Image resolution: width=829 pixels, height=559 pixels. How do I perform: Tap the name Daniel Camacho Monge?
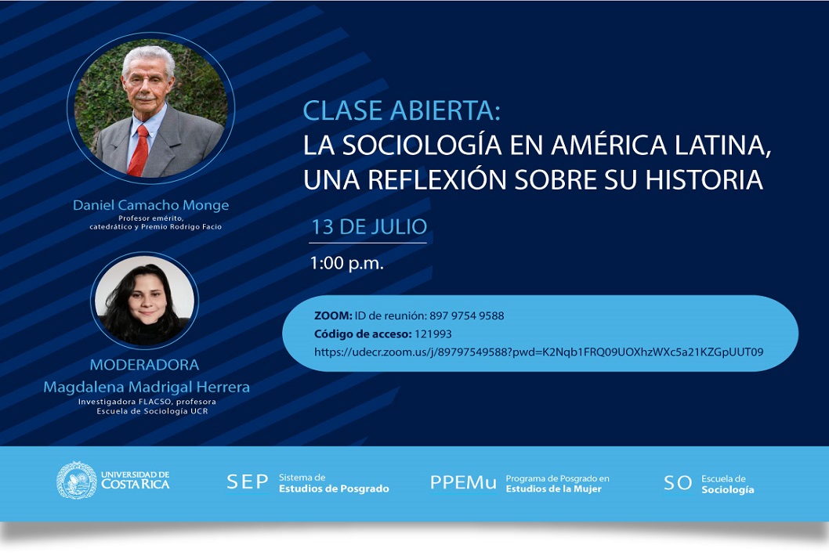[150, 205]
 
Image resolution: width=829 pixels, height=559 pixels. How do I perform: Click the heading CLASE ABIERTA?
[401, 110]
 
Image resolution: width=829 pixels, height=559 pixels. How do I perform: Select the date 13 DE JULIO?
[369, 227]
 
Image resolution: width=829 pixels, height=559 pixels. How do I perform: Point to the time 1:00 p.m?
[346, 262]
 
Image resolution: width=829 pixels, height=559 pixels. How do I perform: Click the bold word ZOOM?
[332, 316]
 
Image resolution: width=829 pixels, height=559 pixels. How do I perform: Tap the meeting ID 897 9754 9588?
[467, 316]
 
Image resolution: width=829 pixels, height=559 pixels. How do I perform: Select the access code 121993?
[433, 334]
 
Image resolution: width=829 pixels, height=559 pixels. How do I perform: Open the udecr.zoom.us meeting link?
[539, 352]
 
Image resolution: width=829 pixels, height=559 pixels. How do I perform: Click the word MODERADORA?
[144, 365]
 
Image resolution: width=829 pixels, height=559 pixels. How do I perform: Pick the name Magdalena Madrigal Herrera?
[147, 387]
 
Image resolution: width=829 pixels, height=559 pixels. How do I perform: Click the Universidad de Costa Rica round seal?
[77, 480]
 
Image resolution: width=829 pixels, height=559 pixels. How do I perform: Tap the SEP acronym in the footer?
[248, 481]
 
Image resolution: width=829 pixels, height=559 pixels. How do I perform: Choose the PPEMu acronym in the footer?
[463, 482]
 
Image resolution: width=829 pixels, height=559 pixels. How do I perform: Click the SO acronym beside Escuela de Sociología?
[678, 483]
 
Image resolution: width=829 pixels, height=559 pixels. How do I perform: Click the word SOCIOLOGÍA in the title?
[422, 146]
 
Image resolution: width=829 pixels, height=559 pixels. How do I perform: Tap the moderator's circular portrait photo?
[144, 301]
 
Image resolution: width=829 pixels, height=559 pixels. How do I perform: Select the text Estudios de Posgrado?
[334, 489]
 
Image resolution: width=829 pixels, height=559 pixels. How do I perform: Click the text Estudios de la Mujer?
[553, 489]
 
